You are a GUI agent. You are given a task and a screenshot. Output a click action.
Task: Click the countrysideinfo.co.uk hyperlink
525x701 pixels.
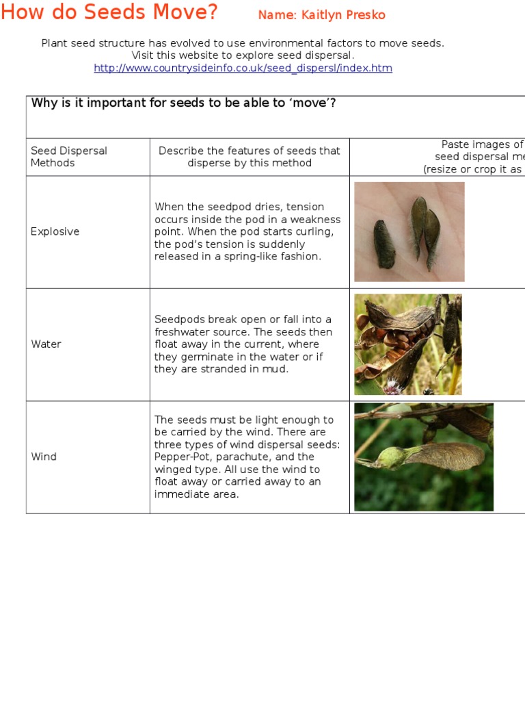[x=243, y=68]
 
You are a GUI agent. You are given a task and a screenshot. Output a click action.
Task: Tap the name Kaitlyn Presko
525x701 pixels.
[x=321, y=15]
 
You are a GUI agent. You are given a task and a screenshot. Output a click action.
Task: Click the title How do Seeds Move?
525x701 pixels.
[x=109, y=12]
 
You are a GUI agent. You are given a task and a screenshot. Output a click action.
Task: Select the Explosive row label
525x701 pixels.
[x=55, y=231]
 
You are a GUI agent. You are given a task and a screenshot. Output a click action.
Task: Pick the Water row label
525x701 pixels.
[x=46, y=344]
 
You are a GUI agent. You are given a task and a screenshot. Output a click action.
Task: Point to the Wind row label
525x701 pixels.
[x=44, y=457]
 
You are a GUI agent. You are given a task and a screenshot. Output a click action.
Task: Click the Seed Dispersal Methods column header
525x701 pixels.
[x=68, y=157]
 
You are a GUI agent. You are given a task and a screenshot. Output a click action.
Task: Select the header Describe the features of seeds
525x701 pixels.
[x=249, y=157]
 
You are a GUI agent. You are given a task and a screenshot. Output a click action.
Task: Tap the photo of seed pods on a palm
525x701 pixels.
[x=409, y=231]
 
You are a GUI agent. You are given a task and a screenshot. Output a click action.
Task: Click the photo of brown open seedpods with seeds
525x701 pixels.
[x=407, y=344]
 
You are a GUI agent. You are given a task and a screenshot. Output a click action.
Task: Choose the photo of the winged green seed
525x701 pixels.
[x=423, y=457]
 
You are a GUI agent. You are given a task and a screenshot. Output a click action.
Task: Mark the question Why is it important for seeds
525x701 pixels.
[x=183, y=103]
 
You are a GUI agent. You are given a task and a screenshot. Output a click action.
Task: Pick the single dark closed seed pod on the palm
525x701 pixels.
[x=384, y=244]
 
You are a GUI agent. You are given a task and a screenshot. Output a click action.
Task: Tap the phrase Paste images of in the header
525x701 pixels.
[x=482, y=144]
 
